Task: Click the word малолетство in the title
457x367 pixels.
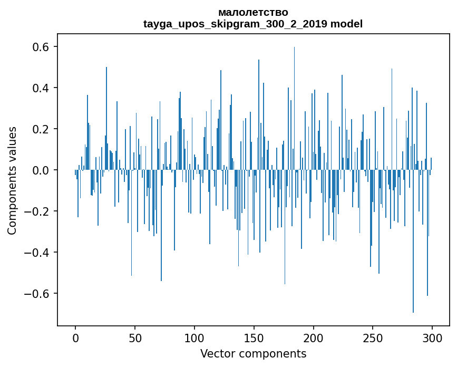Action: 253,12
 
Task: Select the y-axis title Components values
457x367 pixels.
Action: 12,180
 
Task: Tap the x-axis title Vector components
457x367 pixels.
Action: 253,353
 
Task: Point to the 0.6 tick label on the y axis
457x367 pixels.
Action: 40,47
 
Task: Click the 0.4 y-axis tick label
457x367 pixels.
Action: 40,88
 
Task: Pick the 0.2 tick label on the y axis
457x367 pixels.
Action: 40,129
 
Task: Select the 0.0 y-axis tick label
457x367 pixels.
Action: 40,170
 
